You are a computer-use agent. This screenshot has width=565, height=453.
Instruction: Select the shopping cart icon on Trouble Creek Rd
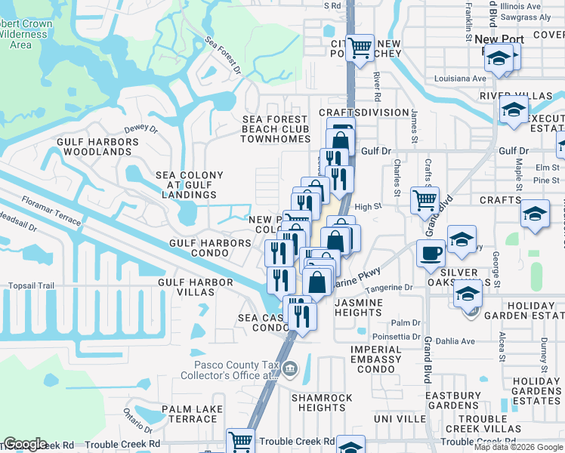coord(241,440)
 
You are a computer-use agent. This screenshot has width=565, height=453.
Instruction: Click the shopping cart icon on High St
coord(425,199)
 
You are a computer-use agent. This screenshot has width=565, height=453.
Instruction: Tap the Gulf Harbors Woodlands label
coord(94,146)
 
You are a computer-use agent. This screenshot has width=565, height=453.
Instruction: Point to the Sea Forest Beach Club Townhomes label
coord(276,129)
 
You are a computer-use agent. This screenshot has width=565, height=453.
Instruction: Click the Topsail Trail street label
coord(32,286)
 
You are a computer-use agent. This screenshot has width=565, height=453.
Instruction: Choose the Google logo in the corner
coord(25,444)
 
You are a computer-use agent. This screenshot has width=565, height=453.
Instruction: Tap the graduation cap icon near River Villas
coord(514,110)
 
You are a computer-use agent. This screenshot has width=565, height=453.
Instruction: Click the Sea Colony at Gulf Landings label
coord(190,184)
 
